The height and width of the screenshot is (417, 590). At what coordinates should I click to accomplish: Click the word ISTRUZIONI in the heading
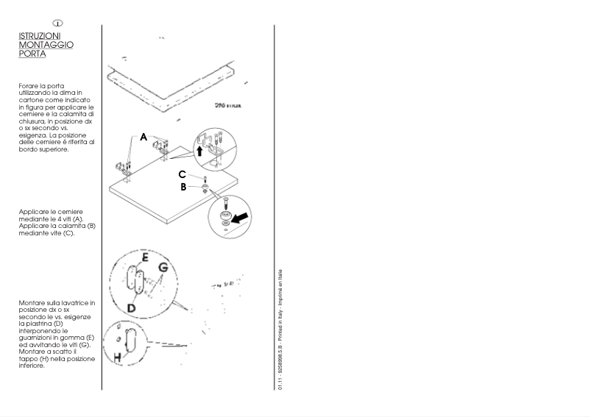pos(40,35)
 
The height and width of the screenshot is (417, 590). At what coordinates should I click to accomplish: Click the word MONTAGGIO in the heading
pos(46,44)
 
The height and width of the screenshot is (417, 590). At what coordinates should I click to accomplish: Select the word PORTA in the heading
pos(32,53)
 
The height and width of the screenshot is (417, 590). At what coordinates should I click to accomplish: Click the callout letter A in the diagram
pos(143,136)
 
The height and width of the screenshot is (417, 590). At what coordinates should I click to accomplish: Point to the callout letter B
pos(184,187)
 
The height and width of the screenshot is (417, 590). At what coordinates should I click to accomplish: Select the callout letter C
pos(182,174)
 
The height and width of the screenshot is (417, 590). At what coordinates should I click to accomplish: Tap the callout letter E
pos(145,257)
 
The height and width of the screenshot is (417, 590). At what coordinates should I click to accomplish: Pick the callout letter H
pos(118,358)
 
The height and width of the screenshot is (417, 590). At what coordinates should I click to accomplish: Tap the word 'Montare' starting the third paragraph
pos(32,303)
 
